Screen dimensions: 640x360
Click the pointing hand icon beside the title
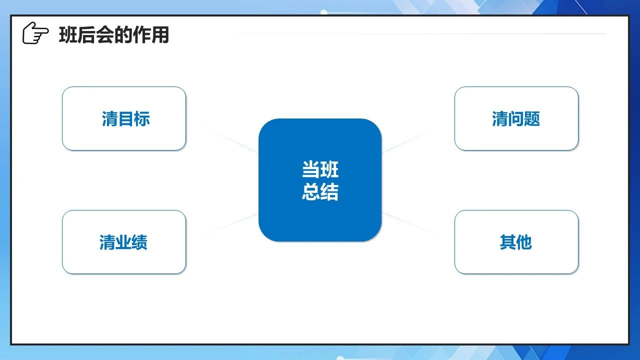point(35,33)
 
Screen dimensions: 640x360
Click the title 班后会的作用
point(114,35)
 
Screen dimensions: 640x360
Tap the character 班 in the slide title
point(68,35)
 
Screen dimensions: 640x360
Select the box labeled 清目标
point(124,118)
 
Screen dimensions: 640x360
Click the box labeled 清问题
point(516,118)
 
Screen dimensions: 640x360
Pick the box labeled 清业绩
point(124,242)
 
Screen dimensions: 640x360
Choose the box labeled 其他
point(516,242)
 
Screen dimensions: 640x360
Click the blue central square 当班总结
point(320,180)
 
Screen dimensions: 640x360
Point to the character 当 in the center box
point(311,169)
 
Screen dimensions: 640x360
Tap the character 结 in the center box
point(329,191)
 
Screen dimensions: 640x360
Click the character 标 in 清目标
point(142,119)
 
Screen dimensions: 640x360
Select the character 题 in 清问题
point(532,119)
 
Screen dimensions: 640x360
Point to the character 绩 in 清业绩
point(139,242)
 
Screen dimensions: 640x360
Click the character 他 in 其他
point(524,242)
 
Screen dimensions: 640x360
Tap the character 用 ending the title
point(160,35)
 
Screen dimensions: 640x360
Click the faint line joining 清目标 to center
point(231,139)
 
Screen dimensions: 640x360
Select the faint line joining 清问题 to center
point(409,139)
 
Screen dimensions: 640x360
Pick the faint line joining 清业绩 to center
point(229,225)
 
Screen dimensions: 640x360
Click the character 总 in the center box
point(311,191)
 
